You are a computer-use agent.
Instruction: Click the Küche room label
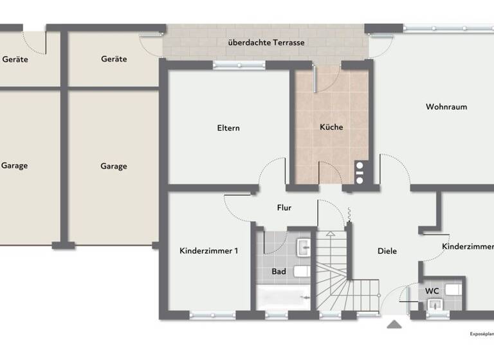[331, 127]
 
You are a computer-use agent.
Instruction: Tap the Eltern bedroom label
[228, 128]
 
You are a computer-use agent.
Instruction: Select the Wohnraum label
[446, 107]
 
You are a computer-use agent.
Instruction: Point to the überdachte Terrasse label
[266, 42]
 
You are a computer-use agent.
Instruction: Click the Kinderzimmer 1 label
[209, 251]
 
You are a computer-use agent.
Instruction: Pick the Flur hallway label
[284, 208]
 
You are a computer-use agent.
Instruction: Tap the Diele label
[387, 251]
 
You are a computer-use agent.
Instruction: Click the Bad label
[279, 272]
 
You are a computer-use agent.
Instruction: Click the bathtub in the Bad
[284, 298]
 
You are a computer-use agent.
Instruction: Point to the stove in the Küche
[359, 172]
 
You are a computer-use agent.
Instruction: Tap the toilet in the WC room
[452, 290]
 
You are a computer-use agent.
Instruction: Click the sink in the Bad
[303, 248]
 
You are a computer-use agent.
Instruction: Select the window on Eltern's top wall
[239, 64]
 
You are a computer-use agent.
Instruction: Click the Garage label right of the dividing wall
[113, 166]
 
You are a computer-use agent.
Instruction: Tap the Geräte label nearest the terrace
[114, 59]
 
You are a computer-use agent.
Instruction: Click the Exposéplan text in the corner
[481, 334]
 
